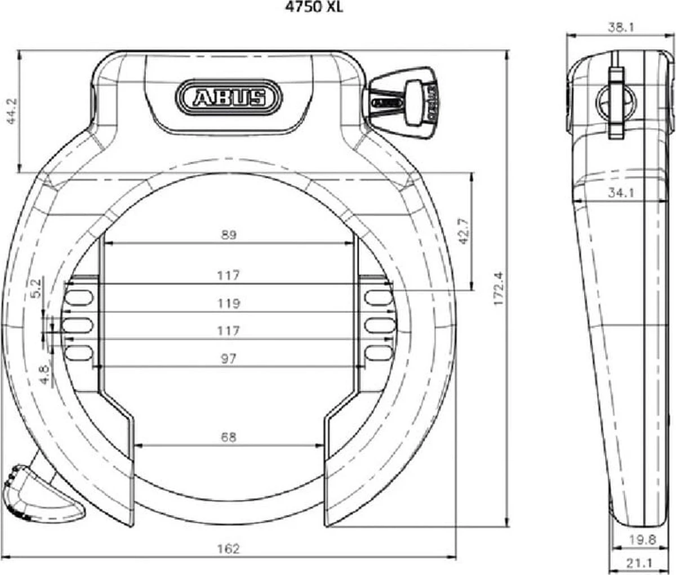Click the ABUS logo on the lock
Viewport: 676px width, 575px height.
(x=229, y=97)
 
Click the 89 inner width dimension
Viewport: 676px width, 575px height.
(x=229, y=235)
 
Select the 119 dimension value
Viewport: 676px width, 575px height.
(x=229, y=304)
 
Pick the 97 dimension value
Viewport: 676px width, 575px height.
(x=229, y=358)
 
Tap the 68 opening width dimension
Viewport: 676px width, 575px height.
(x=229, y=436)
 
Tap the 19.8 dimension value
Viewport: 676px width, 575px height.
(x=643, y=540)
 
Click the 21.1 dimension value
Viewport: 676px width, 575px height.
(x=642, y=563)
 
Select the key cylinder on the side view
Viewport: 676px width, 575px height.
(x=616, y=101)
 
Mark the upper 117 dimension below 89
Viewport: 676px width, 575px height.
(x=229, y=275)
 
